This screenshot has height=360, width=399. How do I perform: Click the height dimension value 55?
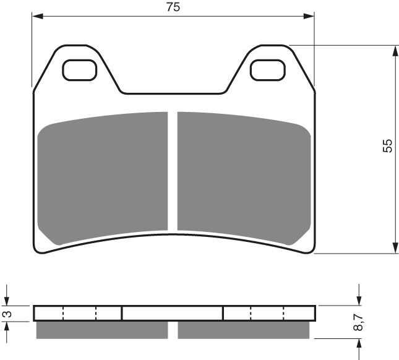coord(387,146)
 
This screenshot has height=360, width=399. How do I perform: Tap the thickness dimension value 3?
coord(7,314)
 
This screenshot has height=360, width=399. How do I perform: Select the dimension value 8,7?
coord(358,322)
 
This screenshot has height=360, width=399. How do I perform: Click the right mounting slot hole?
coord(266,71)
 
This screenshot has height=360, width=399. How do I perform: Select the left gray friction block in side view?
coord(102,330)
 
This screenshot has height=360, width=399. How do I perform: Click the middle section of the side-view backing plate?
coord(172,313)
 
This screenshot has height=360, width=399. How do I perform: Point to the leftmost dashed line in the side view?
coord(63,313)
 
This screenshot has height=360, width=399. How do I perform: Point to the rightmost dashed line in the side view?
coord(283,313)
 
